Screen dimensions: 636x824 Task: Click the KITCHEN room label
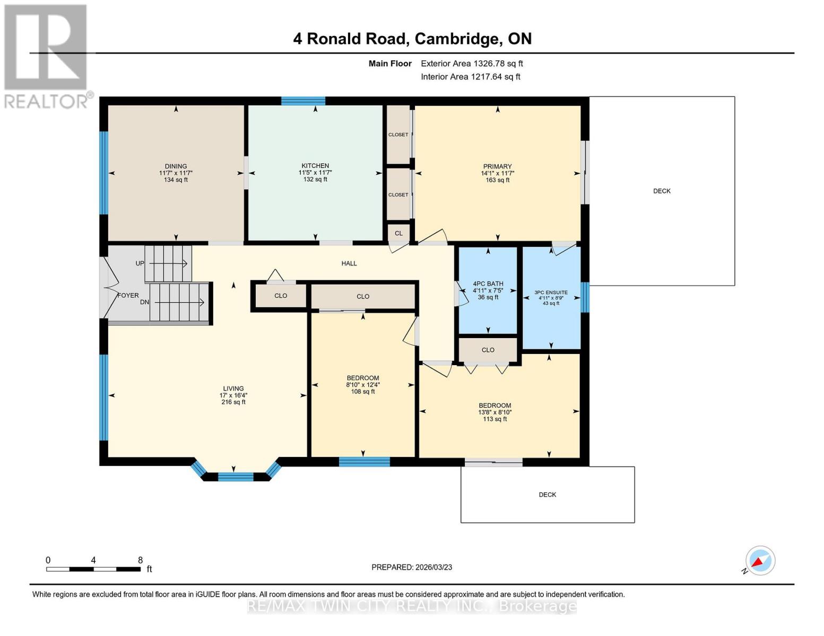[x=315, y=166]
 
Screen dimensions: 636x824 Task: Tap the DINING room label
[x=176, y=166]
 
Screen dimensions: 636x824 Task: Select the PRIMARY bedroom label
[x=497, y=166]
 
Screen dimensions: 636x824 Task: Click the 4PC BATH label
[x=488, y=284]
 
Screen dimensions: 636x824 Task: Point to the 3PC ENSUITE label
[x=551, y=293]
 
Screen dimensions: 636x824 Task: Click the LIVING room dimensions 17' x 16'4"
[x=233, y=395]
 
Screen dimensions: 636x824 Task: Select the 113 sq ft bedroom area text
[x=495, y=419]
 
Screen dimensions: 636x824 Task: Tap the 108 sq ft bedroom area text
[x=363, y=392]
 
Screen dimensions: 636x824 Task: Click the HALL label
[x=349, y=263]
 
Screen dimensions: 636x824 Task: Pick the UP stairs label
[x=140, y=263]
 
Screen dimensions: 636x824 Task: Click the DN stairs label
[x=144, y=302]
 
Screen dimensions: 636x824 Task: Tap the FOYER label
[x=128, y=296]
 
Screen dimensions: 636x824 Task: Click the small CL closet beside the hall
[x=398, y=233]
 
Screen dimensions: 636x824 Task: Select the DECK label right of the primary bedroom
[x=662, y=191]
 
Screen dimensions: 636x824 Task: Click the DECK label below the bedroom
[x=547, y=494]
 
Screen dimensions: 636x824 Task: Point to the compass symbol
[x=760, y=561]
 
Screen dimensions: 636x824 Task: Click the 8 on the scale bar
[x=140, y=560]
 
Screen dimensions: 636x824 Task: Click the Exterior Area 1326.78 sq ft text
[x=472, y=64]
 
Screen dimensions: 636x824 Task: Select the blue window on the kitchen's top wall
[x=303, y=101]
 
